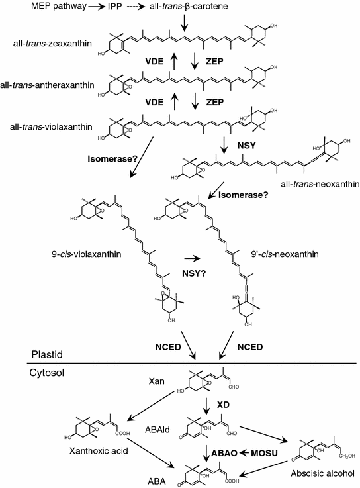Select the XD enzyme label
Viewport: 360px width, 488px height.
point(214,403)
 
